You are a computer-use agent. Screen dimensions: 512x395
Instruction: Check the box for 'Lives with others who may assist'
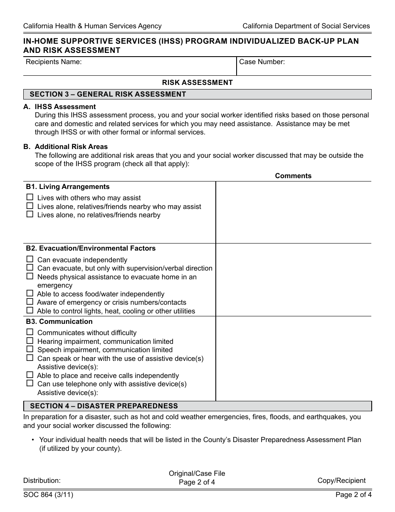coord(30,197)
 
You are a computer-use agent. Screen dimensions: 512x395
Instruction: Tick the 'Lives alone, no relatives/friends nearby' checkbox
coord(30,214)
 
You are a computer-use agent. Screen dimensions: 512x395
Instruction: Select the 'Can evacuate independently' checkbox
coord(30,259)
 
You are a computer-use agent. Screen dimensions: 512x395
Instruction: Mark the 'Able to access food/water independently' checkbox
coord(30,293)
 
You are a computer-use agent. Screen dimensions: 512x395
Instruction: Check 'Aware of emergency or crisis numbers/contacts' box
coord(30,302)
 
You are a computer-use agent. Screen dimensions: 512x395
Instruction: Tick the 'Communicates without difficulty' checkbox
coord(30,332)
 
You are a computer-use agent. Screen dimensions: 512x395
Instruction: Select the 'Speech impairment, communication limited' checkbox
coord(30,349)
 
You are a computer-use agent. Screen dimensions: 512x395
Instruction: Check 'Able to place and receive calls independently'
coord(30,375)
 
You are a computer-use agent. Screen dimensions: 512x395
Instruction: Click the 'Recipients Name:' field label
coord(54,62)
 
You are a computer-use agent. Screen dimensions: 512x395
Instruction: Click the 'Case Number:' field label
coord(262,62)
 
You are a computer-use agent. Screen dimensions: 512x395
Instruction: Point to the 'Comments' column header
coord(293,176)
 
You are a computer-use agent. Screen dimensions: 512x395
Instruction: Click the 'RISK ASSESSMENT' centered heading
coord(197,82)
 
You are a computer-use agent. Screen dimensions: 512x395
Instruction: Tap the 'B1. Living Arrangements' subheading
coord(68,186)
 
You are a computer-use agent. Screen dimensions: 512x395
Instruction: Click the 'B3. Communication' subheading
coord(59,321)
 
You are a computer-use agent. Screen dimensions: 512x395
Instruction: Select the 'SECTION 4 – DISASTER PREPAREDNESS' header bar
coord(197,406)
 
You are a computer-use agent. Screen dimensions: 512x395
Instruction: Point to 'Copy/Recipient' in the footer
coord(341,480)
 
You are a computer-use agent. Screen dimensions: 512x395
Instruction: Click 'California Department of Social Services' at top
coord(306,26)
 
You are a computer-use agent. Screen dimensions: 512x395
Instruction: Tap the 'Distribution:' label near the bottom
coord(42,480)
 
